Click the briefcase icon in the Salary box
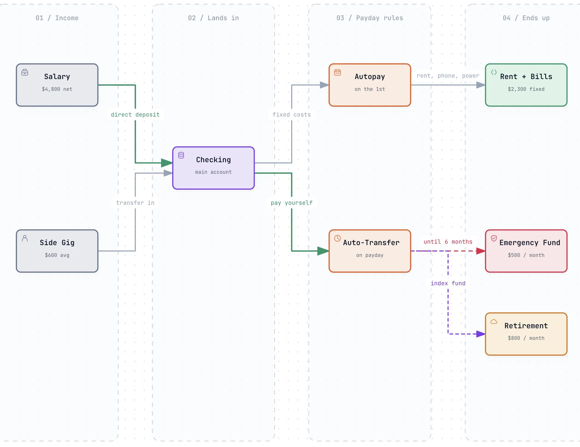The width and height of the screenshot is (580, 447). coord(25,72)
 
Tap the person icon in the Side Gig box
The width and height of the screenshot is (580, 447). coord(25,238)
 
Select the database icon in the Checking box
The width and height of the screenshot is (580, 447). coord(181,155)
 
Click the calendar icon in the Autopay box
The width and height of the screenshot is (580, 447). coord(338,72)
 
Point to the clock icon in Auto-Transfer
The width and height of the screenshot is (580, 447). coord(338,238)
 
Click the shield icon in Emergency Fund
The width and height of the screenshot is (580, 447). coord(494,238)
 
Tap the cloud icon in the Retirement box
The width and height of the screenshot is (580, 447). coord(494,322)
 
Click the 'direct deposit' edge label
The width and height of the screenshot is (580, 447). coord(135,115)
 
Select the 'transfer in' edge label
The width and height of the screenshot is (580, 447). coord(135,203)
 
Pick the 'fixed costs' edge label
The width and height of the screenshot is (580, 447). coord(292,115)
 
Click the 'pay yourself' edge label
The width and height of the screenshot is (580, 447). coord(292,203)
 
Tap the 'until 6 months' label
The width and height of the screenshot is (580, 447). coord(448,242)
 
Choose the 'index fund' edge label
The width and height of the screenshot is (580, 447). coord(448,283)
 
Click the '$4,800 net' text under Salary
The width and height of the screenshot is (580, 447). coord(57,89)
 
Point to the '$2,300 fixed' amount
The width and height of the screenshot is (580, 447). coord(526,89)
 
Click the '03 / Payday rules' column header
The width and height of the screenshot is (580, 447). coord(370,18)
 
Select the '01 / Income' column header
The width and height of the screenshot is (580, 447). coord(57,18)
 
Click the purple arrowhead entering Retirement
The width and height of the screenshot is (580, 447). coord(481,334)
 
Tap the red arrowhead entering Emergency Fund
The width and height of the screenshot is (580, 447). coord(481,251)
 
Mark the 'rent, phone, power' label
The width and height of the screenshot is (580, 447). coord(448,76)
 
